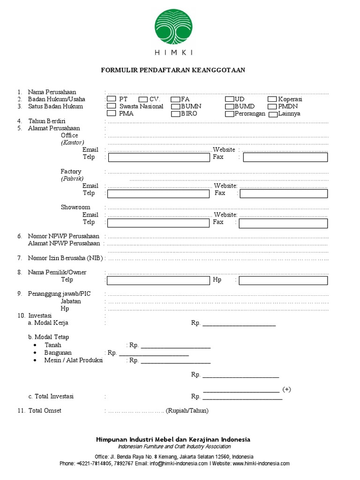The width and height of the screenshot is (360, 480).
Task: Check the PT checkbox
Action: (x=112, y=99)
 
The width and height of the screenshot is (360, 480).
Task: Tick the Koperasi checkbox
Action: (x=272, y=99)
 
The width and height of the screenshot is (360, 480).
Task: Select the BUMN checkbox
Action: (x=175, y=106)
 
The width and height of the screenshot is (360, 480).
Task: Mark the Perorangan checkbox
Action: (x=229, y=113)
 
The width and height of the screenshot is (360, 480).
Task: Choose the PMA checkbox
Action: (x=112, y=113)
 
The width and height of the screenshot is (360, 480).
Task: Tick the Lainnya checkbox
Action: (x=272, y=114)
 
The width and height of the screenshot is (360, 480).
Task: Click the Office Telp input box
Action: (x=158, y=157)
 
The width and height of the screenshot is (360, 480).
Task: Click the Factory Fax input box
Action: (x=283, y=194)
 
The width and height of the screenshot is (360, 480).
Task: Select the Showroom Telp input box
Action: (x=158, y=223)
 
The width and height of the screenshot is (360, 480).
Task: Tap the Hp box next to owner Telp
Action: (x=283, y=280)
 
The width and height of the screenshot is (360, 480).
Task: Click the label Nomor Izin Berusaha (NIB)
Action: (x=65, y=258)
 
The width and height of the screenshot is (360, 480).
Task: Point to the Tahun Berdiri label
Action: (x=46, y=121)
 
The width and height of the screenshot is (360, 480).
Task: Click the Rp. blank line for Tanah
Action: (x=175, y=346)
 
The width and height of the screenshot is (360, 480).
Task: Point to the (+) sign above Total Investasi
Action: (x=287, y=389)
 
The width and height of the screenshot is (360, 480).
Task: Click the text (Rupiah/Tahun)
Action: (x=187, y=411)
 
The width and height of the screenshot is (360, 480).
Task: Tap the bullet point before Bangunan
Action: (x=37, y=353)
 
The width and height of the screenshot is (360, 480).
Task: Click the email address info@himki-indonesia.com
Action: (x=179, y=464)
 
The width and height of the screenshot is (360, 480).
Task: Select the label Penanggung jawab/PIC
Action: (x=59, y=294)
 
